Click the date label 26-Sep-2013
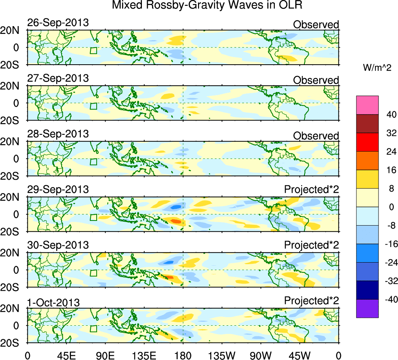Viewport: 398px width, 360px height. (x=58, y=23)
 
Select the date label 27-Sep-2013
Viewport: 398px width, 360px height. (x=58, y=78)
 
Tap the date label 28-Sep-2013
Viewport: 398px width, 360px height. (x=58, y=134)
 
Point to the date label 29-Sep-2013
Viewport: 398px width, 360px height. (x=58, y=190)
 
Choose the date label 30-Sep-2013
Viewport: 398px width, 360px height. (x=58, y=245)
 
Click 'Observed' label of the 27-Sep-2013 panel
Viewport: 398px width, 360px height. (x=316, y=80)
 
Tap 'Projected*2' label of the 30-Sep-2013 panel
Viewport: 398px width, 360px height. (x=311, y=245)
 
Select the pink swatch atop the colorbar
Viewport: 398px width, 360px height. (x=367, y=105)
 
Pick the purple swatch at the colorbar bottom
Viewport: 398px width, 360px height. (x=367, y=308)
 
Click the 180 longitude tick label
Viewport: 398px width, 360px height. (x=183, y=355)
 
